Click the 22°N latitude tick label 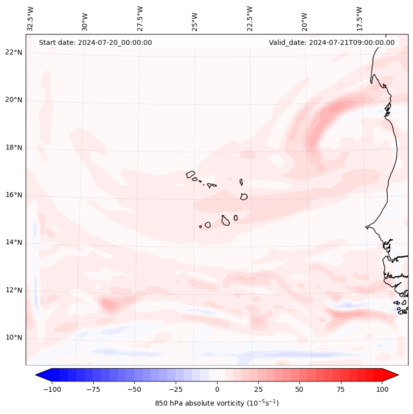(14, 53)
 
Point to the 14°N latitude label (14, 242)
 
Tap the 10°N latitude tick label (14, 338)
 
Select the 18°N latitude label (14, 148)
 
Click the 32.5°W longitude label (31, 19)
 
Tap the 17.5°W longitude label (359, 19)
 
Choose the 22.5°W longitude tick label (250, 19)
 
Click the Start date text (95, 42)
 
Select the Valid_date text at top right (332, 42)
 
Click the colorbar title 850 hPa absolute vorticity (217, 403)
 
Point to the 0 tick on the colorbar (217, 389)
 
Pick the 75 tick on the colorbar (340, 389)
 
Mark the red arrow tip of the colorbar (397, 375)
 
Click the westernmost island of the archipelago (190, 174)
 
